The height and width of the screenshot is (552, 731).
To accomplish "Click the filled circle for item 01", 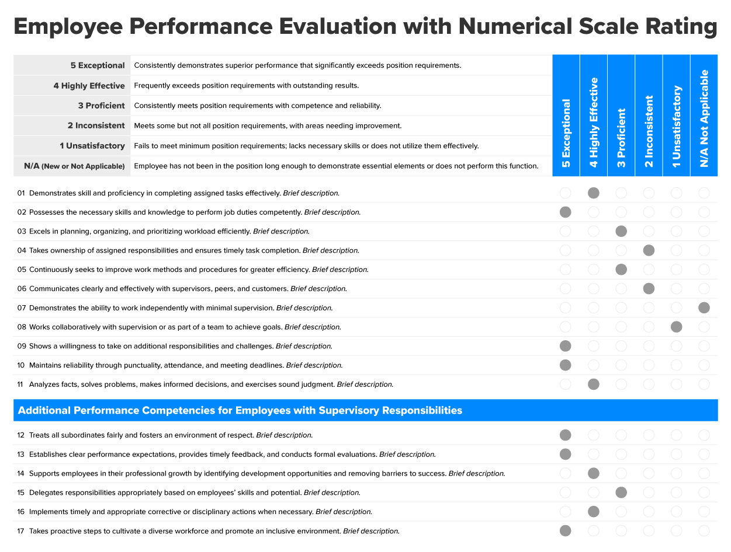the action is [594, 193].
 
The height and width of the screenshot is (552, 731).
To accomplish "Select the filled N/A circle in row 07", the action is [704, 308].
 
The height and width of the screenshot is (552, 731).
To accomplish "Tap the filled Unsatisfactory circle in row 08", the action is [677, 327].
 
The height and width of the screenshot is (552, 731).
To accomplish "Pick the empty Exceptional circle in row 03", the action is [566, 231].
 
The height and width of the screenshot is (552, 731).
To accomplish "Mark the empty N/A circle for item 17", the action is [704, 531].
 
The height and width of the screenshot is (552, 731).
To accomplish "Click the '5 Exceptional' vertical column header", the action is [566, 133].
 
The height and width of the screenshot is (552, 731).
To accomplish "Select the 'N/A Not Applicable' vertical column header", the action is [704, 118].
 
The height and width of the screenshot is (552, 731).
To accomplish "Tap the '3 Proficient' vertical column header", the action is [621, 138].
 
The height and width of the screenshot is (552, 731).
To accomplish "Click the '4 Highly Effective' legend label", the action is [89, 85].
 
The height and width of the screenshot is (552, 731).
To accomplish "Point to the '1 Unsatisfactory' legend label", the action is [92, 146].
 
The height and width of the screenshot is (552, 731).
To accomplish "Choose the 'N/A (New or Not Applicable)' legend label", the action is [74, 166].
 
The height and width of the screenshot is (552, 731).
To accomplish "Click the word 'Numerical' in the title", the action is [515, 26].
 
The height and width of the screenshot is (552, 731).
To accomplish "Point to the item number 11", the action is [20, 385].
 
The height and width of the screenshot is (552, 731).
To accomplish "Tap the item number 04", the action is [22, 250].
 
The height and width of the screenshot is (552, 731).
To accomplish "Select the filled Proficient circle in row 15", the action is [621, 492].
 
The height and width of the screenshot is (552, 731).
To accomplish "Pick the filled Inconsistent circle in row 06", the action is [649, 289].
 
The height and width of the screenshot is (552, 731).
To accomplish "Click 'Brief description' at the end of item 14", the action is [477, 474].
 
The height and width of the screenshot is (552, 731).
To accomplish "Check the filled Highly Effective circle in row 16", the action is [594, 511].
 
